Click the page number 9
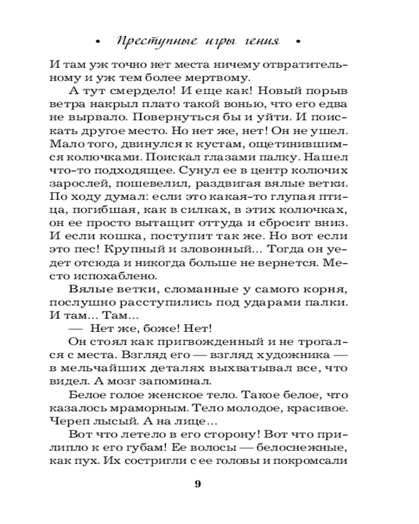[198, 483]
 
